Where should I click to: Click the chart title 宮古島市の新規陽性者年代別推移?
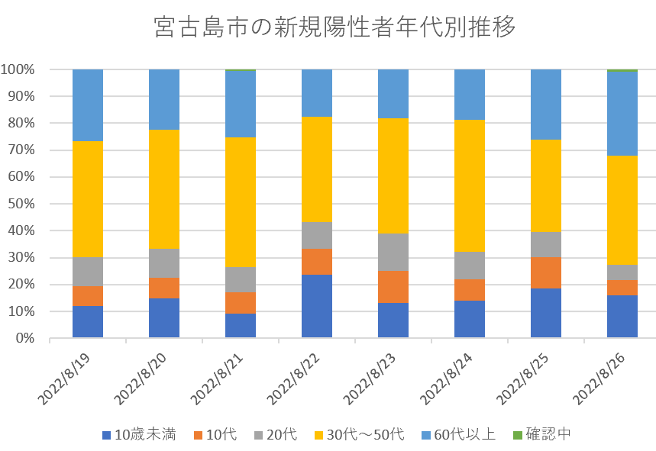pos(334,27)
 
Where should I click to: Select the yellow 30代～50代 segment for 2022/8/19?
pos(88,199)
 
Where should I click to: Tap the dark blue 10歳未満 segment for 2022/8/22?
pos(317,306)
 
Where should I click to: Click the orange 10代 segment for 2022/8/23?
pos(393,287)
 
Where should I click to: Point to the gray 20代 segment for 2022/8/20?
pos(164,263)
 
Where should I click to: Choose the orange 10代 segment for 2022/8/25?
pos(546,272)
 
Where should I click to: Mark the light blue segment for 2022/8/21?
pos(241,104)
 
